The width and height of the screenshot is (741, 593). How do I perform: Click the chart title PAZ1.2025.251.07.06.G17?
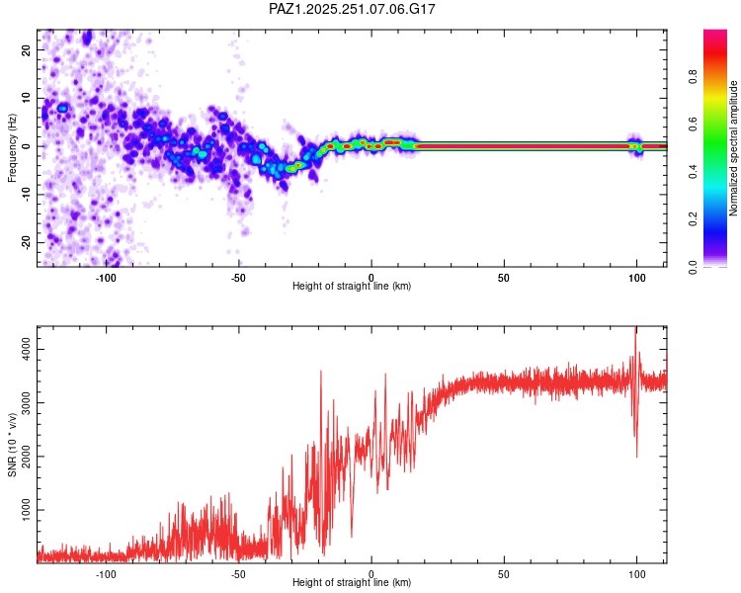352,9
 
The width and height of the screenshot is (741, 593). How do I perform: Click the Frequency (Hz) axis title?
12,148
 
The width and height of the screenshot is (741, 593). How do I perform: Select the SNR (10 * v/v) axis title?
12,445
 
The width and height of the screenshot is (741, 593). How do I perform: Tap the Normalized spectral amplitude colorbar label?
733,148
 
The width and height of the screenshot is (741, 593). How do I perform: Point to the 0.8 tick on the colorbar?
694,76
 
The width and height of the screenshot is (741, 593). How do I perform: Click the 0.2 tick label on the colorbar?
694,219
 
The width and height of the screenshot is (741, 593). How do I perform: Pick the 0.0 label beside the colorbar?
694,267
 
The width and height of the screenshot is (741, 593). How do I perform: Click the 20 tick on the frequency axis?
26,50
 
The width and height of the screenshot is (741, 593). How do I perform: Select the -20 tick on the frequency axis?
26,242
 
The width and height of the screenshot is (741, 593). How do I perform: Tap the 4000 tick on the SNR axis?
26,350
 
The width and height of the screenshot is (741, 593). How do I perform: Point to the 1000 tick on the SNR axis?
26,510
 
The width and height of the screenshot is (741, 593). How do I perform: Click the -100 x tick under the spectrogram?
106,278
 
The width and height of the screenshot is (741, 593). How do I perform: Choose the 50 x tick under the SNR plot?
504,574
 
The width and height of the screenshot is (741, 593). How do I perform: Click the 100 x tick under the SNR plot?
636,574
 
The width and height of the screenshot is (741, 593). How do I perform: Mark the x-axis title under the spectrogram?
352,286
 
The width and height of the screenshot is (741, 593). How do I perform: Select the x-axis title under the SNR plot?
352,582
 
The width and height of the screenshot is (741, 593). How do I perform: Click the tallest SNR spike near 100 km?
635,328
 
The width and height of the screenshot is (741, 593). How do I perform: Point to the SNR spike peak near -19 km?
321,372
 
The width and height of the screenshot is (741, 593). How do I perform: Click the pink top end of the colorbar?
715,32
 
